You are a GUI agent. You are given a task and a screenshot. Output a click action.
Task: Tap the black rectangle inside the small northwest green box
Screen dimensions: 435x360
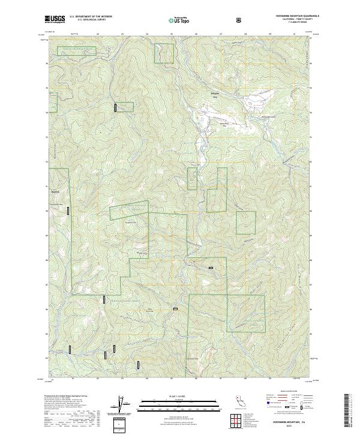point(115,107)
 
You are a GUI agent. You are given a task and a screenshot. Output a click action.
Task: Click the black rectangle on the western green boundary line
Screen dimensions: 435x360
point(68,210)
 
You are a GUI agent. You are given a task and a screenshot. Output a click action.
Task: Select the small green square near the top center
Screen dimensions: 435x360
point(163,53)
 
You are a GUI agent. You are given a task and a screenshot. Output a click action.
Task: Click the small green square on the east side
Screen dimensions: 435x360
point(245,223)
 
